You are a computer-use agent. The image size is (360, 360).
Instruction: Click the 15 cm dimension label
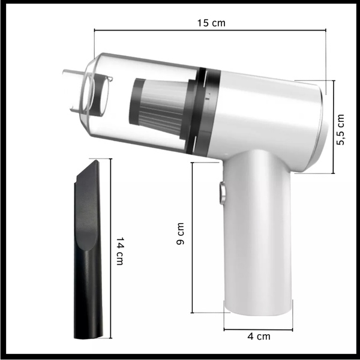pos(211,23)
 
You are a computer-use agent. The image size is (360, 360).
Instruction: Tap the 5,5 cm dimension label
pos(340,130)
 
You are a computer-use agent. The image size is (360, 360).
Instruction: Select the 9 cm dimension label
pos(181,234)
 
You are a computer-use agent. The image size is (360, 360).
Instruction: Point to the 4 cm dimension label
pos(259,337)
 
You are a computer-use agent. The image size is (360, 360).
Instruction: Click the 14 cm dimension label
pos(120,251)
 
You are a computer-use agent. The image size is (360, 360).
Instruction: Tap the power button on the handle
pos(222,193)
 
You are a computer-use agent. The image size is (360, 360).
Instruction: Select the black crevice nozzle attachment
pos(88,250)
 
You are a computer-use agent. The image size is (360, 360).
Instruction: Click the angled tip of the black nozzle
pos(97,161)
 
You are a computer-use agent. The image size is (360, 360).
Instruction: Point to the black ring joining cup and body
pos(203,112)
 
